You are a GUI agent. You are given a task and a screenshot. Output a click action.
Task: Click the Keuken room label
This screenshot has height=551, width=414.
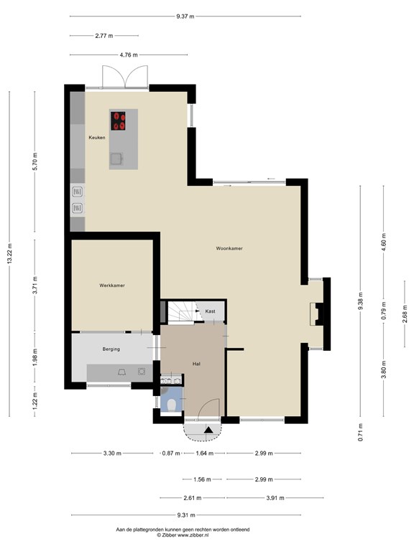click(x=97, y=138)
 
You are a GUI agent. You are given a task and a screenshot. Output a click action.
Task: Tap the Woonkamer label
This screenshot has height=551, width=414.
click(x=229, y=248)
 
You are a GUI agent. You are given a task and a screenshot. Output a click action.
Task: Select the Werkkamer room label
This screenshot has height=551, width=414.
click(x=112, y=286)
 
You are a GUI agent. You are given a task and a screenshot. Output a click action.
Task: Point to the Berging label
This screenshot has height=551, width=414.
click(x=111, y=349)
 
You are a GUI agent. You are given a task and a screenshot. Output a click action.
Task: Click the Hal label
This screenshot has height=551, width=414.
click(x=196, y=364)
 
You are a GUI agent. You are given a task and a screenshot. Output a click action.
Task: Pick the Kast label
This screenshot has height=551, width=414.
click(x=210, y=311)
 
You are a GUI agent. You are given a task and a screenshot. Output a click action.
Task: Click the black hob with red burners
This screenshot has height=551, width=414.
click(x=119, y=121)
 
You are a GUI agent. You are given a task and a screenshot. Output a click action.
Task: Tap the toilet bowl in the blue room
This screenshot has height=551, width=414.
click(x=172, y=405)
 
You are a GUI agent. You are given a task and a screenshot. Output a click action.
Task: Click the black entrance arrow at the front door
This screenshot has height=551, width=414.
click(x=208, y=430)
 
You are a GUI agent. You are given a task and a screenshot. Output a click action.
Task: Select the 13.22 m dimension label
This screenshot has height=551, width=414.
click(x=9, y=253)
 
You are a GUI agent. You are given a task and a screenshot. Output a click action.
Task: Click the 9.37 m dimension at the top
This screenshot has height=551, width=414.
click(x=185, y=17)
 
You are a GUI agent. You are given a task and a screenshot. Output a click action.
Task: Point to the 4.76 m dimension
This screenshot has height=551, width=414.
click(x=129, y=55)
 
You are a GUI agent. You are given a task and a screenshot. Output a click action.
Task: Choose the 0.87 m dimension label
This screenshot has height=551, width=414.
click(x=171, y=453)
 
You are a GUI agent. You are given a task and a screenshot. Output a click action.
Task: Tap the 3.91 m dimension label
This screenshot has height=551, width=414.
click(x=275, y=498)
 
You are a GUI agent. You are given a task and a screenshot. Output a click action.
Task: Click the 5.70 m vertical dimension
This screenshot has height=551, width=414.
click(x=34, y=161)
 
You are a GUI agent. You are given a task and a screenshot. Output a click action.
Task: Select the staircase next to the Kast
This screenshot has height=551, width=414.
click(x=182, y=311)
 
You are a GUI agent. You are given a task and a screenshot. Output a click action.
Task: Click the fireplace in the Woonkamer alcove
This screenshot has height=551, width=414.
click(x=316, y=314)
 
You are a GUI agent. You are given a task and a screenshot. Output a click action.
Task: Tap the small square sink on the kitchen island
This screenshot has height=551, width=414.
click(x=116, y=159)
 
